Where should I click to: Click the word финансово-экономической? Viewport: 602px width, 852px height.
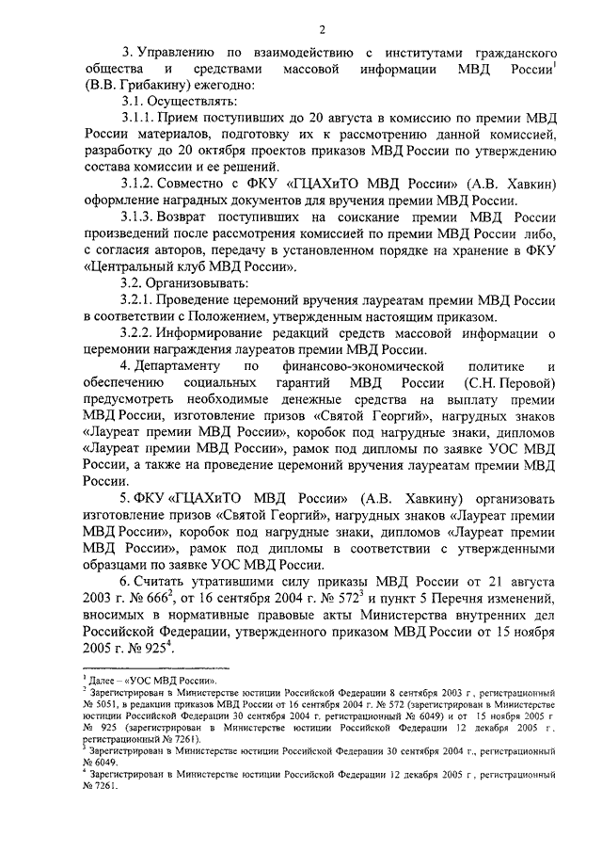[383, 365]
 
